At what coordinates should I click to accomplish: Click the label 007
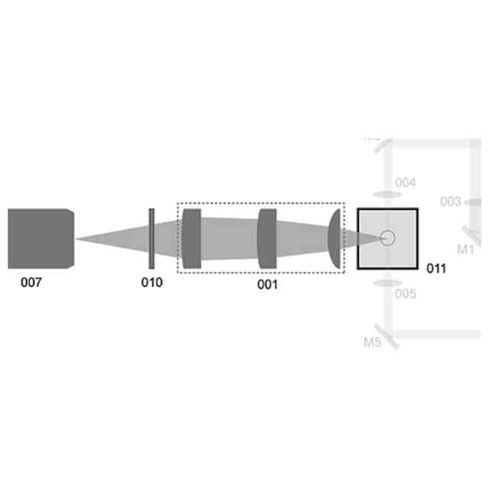coord(31,282)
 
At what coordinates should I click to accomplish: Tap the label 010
coord(151,282)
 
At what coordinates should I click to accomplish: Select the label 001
coord(267,284)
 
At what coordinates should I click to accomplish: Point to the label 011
coord(436,268)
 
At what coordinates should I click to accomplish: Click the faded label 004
coord(405,183)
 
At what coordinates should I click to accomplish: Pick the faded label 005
coord(406,293)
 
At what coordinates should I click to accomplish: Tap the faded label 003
coord(450,202)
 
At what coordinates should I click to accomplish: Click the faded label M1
coord(465,249)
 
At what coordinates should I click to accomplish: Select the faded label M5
coord(372,342)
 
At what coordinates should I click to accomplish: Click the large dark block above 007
coord(40,238)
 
